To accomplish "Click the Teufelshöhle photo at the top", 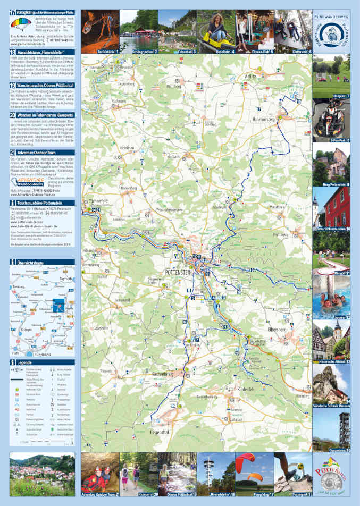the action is (x=99, y=30).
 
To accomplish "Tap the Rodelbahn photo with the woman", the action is (x=215, y=30).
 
